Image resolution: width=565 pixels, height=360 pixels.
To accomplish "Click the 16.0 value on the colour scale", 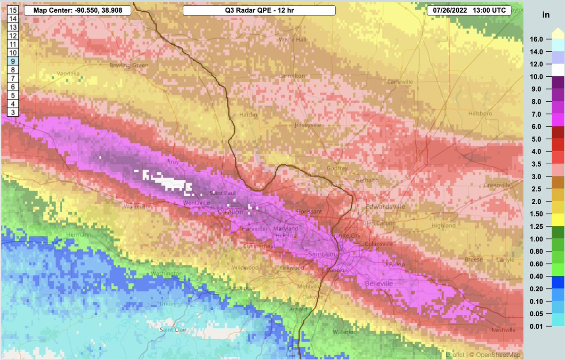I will [537, 39].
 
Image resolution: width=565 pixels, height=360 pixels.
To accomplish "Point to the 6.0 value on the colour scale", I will [537, 126].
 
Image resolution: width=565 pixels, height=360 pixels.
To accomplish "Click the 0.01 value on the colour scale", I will [537, 326].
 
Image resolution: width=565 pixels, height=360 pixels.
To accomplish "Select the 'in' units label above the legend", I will [546, 15].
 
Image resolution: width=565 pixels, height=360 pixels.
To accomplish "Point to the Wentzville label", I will [196, 203].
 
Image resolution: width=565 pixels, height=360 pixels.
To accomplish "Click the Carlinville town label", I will [400, 82].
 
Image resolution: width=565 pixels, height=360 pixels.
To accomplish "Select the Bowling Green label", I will [125, 65].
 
